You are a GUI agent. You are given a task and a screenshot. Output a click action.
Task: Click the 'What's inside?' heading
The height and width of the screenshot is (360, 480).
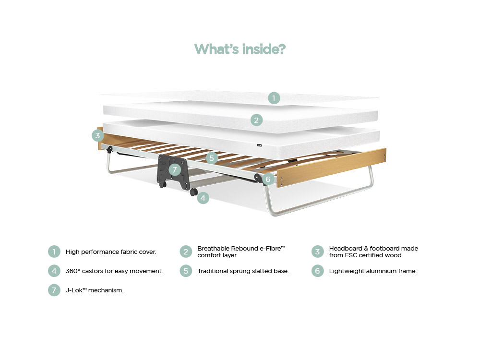coord(240,49)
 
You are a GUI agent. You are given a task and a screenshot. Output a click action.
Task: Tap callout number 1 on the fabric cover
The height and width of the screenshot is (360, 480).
coord(274,98)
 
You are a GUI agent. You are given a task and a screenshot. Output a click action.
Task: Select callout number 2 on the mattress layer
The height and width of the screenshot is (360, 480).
coord(256,120)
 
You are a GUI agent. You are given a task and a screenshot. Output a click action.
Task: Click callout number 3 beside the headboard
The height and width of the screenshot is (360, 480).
coord(98,135)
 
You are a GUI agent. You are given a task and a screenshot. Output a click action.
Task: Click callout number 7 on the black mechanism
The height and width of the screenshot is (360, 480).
coord(175,169)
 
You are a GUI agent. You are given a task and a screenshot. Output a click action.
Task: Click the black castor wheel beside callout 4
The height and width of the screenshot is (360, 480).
coord(193,192)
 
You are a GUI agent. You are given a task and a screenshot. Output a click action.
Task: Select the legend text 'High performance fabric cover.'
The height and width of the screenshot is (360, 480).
coord(111,252)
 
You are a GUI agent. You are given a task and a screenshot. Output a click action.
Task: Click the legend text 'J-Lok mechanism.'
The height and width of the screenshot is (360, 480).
coord(95,290)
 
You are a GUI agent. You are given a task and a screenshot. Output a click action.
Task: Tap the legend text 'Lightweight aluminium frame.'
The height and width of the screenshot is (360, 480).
coord(373,271)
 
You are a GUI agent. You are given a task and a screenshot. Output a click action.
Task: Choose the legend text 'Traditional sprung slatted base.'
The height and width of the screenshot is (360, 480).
coord(243,271)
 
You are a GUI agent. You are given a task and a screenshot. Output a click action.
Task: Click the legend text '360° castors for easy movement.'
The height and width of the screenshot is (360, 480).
coord(114,271)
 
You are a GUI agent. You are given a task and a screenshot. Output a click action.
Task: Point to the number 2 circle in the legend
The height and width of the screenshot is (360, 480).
coord(186,252)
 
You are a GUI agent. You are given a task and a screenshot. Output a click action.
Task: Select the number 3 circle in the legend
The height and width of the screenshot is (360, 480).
coord(317,252)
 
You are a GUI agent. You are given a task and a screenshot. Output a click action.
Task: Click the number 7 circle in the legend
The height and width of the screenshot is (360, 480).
coord(54,290)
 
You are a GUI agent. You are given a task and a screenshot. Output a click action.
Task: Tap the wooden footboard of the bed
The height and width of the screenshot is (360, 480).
coord(331,168)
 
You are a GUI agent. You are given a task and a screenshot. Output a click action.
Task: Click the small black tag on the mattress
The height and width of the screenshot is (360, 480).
coord(259,145)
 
